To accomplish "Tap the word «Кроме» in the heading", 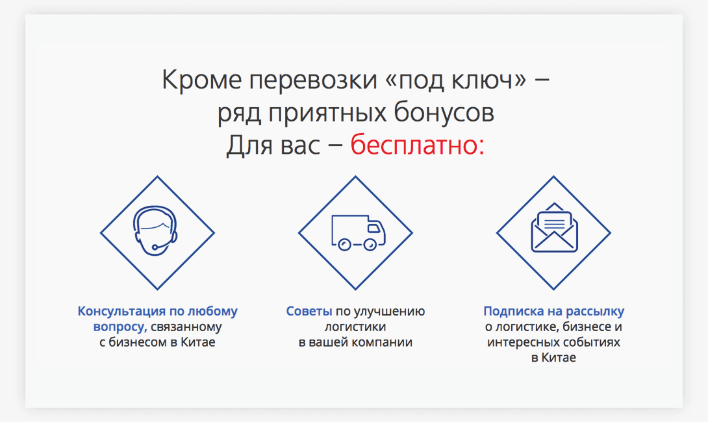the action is point(202,80).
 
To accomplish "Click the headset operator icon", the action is point(155,231).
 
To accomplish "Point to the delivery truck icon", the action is point(359,233).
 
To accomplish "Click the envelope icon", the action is point(554,227).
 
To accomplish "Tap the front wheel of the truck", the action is point(370,245).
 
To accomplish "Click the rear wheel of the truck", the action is point(344,245).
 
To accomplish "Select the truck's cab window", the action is point(374,229).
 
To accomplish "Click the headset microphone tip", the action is point(155,247).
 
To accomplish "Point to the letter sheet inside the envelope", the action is point(555,222).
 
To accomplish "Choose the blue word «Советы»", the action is point(309,312).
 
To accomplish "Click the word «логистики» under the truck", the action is point(355,327).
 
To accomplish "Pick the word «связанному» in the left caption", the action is point(186,327).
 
